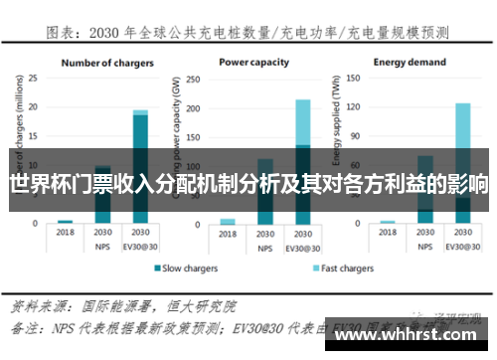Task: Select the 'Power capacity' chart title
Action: (255, 63)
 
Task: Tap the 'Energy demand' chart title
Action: (410, 63)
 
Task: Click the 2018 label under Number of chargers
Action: (66, 232)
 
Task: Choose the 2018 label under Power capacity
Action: (228, 232)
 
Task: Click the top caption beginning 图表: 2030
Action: (248, 33)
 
